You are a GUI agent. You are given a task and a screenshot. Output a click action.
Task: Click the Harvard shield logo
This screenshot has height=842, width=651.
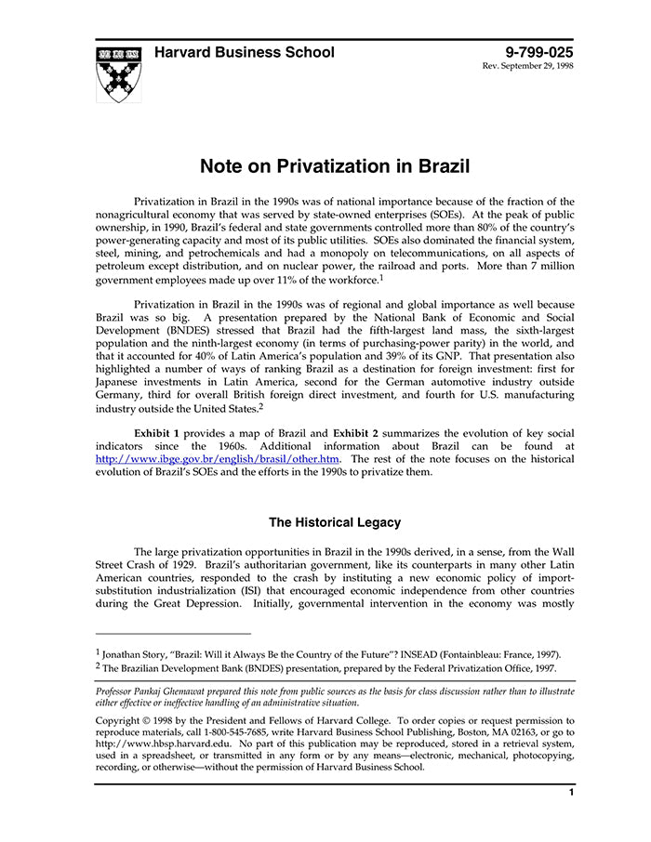click(x=118, y=72)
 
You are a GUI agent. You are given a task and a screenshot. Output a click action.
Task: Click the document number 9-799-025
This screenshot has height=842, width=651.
click(x=539, y=52)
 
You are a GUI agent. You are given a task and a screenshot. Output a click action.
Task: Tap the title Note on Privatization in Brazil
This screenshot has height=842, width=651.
click(x=335, y=166)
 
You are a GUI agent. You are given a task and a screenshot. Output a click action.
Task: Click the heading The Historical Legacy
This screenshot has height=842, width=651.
click(x=335, y=522)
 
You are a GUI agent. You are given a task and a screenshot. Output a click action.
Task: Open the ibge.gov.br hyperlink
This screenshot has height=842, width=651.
click(x=219, y=459)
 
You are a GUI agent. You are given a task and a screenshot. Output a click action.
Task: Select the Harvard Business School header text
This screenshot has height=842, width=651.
click(x=245, y=52)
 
